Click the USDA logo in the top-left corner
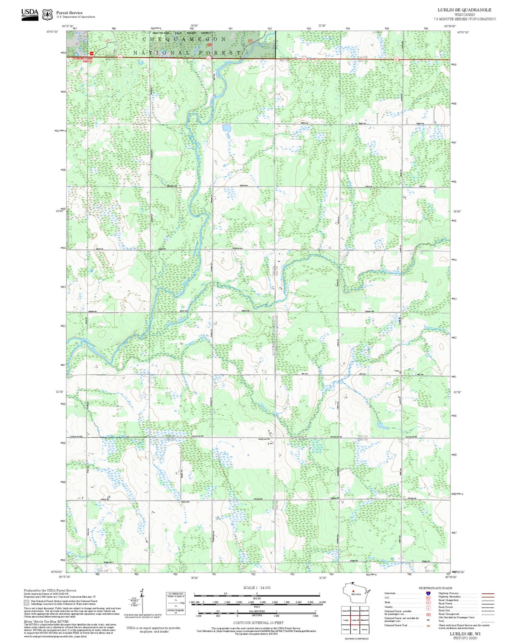point(30,14)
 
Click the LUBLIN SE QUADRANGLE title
point(464,10)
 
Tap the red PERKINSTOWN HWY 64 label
point(83,60)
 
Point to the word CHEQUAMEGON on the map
point(184,39)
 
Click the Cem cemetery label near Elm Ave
point(396,371)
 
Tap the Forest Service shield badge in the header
point(47,15)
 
